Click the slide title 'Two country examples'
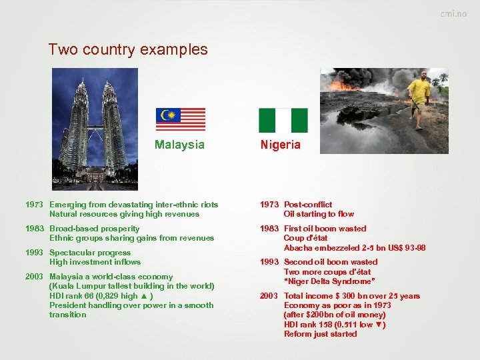(x=128, y=49)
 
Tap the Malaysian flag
(x=181, y=119)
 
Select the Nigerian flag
(x=283, y=121)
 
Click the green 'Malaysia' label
(x=179, y=145)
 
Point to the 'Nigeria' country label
(x=281, y=145)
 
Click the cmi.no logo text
(x=453, y=14)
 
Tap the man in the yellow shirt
(x=419, y=98)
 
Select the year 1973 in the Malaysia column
(x=34, y=205)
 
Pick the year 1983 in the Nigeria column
(x=269, y=229)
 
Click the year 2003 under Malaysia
(x=34, y=277)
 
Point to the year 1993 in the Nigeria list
(x=269, y=262)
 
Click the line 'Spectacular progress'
(x=89, y=253)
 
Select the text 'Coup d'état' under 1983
(x=305, y=238)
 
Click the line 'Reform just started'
(x=320, y=334)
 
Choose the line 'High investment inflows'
(x=95, y=262)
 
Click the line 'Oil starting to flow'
(x=319, y=214)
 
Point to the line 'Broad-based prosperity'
(x=94, y=229)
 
